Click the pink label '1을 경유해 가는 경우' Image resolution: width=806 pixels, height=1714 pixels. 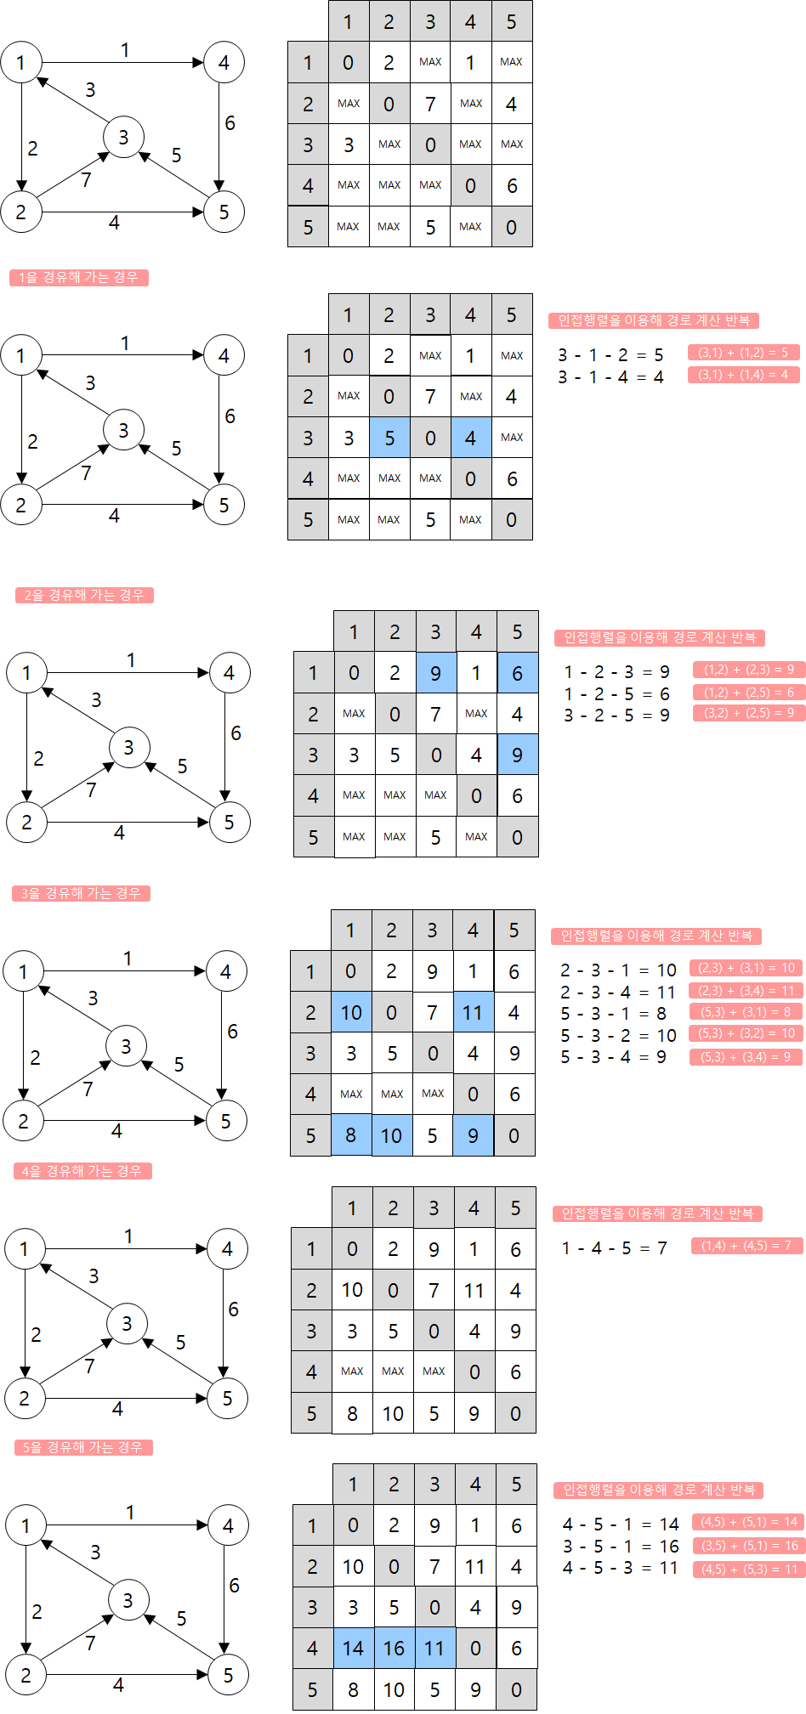pos(79,278)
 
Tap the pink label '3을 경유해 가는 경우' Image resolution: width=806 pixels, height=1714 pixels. pos(81,893)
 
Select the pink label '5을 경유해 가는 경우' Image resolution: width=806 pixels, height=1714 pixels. pos(83,1447)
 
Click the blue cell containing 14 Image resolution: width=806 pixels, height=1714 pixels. pos(353,1649)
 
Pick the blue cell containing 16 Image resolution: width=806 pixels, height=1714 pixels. pos(394,1649)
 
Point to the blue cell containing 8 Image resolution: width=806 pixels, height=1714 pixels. pos(351,1135)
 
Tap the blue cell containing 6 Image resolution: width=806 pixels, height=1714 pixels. pos(517,673)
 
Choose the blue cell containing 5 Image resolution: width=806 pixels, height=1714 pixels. pos(389,438)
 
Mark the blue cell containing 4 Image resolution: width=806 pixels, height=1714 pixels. pos(470,438)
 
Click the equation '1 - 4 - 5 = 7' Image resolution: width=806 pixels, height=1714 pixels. pos(614,1247)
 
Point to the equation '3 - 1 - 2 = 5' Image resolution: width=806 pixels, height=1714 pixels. pos(610,354)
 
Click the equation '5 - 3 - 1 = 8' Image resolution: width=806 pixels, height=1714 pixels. pos(613,1013)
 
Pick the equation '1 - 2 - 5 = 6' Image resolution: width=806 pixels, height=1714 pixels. pos(616,693)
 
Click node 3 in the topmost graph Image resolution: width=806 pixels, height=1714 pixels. pos(123,137)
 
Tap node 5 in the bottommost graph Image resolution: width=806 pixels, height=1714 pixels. pos(228,1675)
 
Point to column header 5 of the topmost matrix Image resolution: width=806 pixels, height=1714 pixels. pos(512,21)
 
